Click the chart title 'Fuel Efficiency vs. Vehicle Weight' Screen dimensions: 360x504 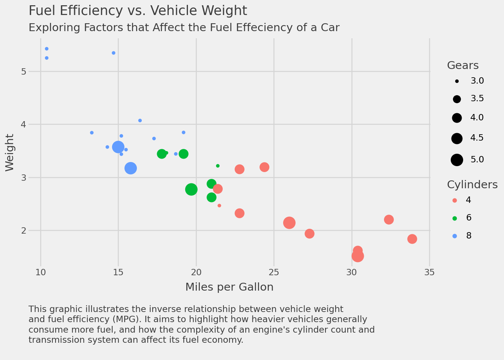point(138,11)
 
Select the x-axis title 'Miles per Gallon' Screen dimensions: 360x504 point(229,287)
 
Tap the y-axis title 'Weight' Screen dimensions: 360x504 point(10,153)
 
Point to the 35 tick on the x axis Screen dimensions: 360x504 point(429,272)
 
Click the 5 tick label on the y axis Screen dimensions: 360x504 point(24,71)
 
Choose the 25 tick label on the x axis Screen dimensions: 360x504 point(274,272)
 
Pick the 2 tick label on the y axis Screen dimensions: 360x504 point(24,230)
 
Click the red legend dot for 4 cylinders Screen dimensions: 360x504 point(455,200)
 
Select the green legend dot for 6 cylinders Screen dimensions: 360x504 point(455,218)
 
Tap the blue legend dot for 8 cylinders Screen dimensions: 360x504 point(455,236)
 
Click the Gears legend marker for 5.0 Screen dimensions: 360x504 point(457,160)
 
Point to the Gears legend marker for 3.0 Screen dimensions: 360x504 point(457,81)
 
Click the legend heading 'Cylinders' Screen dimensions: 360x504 point(472,185)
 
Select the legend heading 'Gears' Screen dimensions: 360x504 point(463,66)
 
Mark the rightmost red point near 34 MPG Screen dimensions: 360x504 point(412,239)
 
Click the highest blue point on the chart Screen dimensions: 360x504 point(46,49)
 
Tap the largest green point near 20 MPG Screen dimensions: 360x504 point(191,189)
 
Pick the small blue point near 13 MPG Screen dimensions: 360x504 point(92,133)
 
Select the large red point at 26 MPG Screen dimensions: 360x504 point(289,223)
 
